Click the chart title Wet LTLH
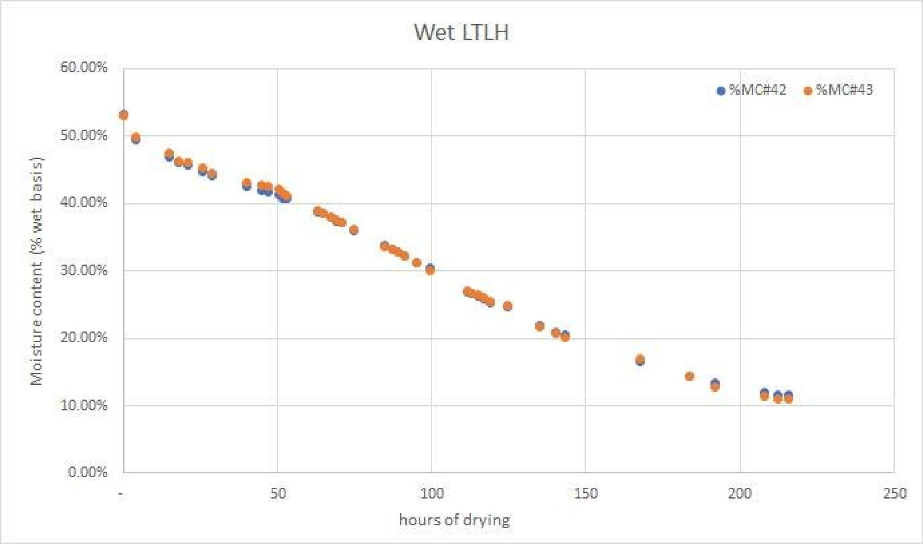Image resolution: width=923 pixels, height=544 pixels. point(461,33)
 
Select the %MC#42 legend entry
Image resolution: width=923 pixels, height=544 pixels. point(751,90)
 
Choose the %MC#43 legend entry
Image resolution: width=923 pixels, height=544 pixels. point(838,90)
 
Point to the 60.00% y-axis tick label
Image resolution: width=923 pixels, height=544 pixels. point(84,67)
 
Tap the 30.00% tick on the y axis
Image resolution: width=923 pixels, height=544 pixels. point(84,270)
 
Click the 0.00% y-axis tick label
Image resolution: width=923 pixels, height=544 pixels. point(87,472)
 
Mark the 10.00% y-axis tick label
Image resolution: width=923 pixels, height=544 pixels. point(84,405)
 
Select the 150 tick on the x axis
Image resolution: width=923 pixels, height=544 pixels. point(586,494)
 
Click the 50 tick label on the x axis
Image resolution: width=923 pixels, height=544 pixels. point(278,494)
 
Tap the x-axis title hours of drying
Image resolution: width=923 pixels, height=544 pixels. point(454,519)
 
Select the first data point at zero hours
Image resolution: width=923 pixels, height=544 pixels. point(124,115)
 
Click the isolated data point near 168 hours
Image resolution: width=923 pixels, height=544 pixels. point(640,359)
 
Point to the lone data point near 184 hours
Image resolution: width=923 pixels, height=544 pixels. point(689,376)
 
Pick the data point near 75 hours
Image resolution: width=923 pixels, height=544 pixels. point(354,230)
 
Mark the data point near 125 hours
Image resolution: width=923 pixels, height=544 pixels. point(508,306)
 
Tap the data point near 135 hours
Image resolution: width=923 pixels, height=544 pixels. point(539,326)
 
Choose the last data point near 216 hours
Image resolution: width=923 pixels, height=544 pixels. point(788,398)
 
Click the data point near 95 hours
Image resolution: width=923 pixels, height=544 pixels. point(417,263)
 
